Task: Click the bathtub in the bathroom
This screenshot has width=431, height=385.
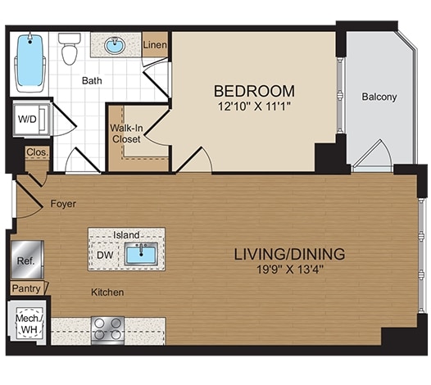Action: (30, 61)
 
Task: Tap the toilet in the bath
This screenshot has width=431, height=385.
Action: (70, 49)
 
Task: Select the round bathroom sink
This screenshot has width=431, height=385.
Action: (115, 46)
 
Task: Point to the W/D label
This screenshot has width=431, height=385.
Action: (26, 119)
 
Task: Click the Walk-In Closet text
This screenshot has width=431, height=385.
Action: (126, 134)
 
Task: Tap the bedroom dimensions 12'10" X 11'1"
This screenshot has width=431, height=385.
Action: (254, 106)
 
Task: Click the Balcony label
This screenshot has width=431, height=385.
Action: (379, 97)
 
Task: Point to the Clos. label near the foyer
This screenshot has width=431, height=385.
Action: (36, 152)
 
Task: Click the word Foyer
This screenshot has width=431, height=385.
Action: (63, 203)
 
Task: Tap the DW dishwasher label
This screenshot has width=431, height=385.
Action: (105, 255)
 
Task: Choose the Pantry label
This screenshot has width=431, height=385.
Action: (26, 288)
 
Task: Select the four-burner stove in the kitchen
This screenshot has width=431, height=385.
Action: (107, 329)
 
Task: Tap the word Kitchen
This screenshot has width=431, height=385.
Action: (107, 292)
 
